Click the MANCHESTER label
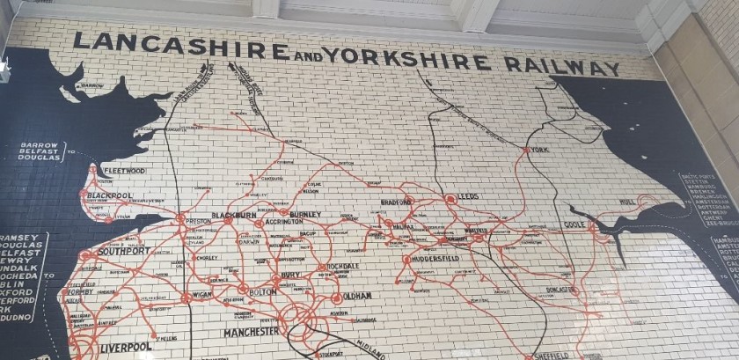251,332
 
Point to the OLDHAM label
358,296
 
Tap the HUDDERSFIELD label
443,261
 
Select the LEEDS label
467,197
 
